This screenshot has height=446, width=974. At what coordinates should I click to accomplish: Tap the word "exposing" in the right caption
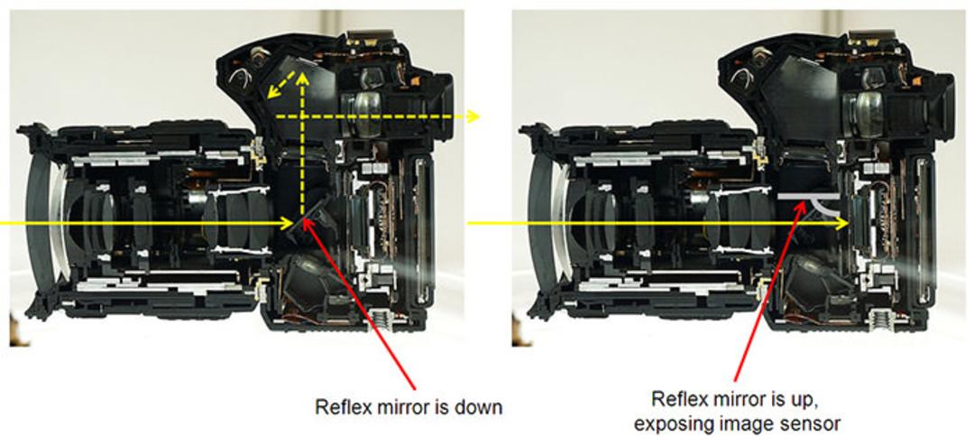click(x=673, y=425)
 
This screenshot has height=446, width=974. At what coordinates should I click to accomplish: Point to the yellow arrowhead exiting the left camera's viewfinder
click(x=473, y=116)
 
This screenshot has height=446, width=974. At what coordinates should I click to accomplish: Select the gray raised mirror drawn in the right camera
click(x=807, y=195)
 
